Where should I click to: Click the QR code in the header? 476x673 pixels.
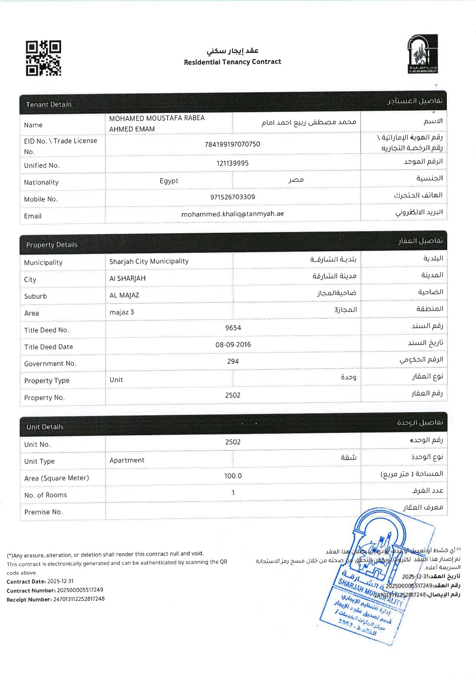click(x=43, y=58)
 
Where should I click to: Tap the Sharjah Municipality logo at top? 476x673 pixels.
click(x=422, y=54)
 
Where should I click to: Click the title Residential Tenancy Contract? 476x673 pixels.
click(x=232, y=62)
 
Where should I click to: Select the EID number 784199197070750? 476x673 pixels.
click(x=232, y=144)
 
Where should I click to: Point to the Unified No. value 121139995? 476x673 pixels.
click(x=232, y=163)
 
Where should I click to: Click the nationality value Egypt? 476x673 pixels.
click(x=169, y=181)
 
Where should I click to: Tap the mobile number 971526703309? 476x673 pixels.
click(x=232, y=197)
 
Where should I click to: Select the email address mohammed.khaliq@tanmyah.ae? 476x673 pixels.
click(x=232, y=214)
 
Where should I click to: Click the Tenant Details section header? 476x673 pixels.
click(x=49, y=104)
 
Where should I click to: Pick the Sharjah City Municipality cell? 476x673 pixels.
click(x=149, y=261)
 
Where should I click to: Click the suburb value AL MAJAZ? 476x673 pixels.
click(x=124, y=295)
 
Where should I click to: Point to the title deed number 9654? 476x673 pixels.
click(x=233, y=328)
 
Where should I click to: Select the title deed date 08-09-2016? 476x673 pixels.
click(x=233, y=344)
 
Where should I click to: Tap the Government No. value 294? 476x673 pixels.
click(x=233, y=361)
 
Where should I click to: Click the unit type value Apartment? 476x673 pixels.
click(x=127, y=460)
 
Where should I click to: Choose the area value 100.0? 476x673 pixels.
click(x=233, y=476)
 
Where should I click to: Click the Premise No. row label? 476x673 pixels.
click(x=43, y=512)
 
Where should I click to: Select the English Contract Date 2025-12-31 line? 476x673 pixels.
click(x=40, y=581)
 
